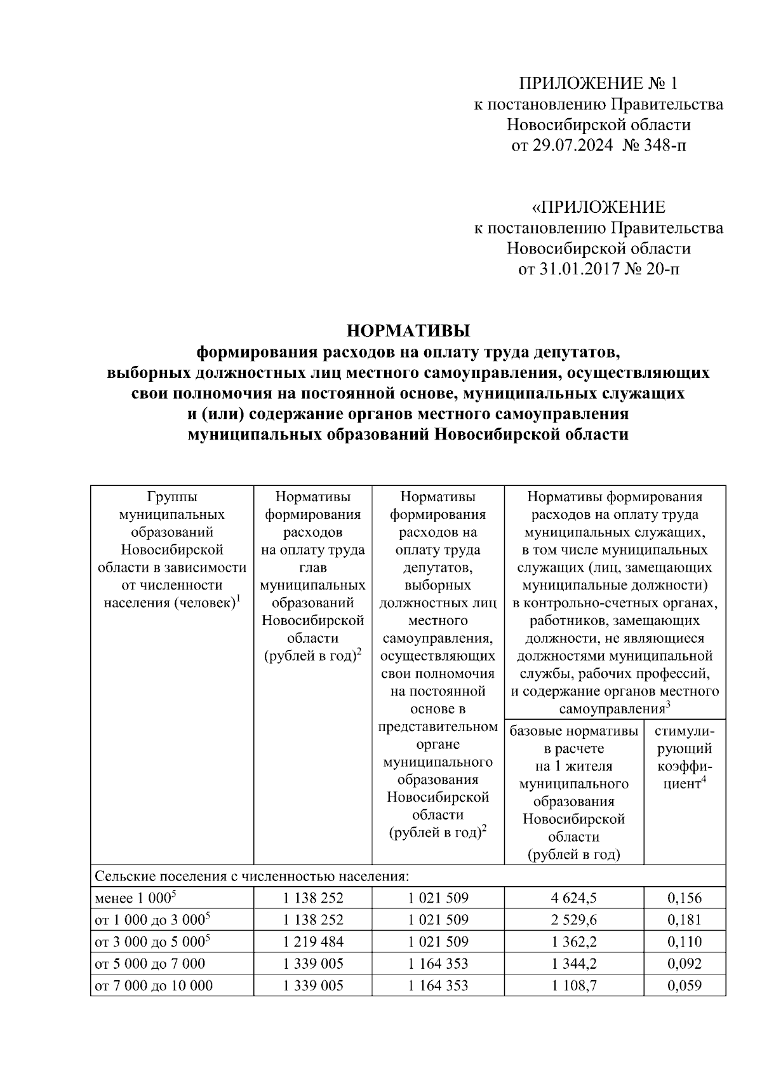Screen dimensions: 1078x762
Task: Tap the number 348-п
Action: coord(665,145)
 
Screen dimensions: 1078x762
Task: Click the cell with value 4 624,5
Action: coord(574,898)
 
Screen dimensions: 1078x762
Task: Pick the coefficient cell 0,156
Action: coord(685,898)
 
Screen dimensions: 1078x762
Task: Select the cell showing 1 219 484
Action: coord(313,941)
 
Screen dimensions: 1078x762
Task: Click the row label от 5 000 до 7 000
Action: coord(150,964)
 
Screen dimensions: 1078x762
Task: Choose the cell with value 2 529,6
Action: coord(574,920)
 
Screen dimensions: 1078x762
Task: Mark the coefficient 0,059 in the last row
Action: coord(685,985)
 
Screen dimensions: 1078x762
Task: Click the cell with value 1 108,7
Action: coord(574,985)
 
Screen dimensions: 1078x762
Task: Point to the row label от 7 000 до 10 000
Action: coord(154,985)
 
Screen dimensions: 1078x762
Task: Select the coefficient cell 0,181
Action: coord(685,920)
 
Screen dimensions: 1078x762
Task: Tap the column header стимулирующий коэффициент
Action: coord(685,757)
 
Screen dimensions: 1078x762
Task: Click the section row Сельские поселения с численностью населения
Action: coord(252,877)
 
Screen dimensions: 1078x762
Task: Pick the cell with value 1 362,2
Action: coord(574,941)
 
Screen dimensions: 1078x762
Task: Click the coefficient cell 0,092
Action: coord(685,964)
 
